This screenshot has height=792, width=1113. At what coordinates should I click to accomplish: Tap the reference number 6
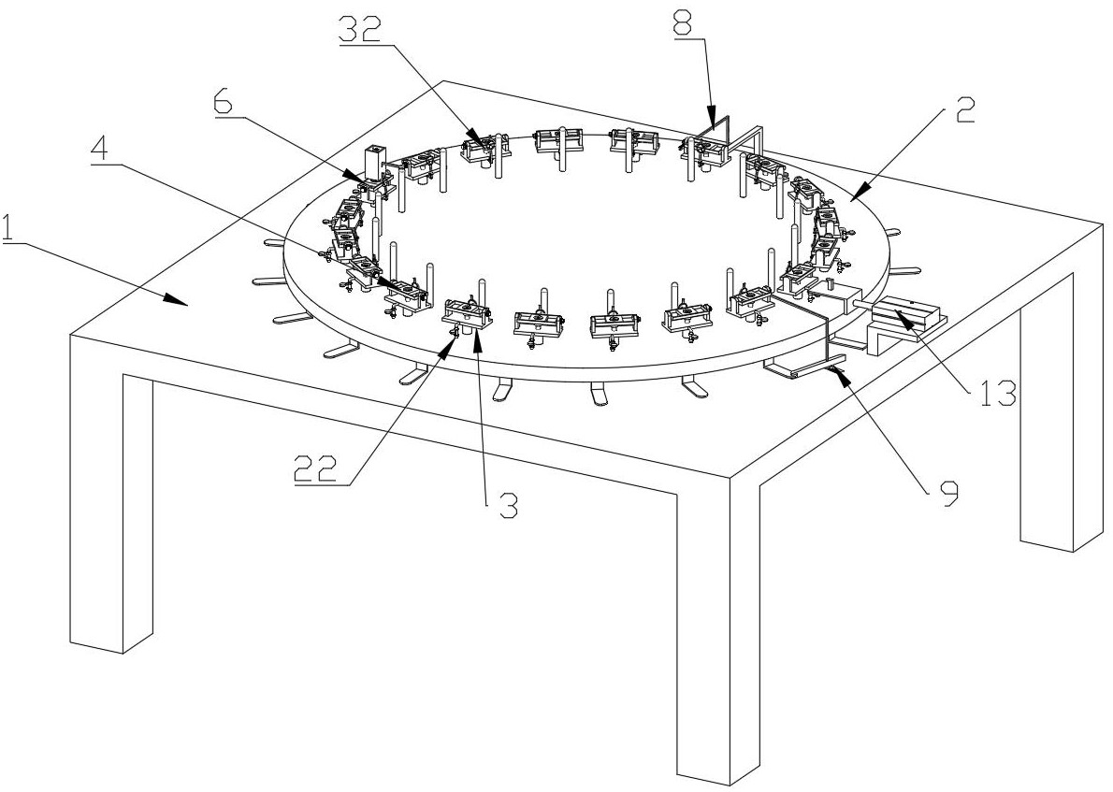point(225,100)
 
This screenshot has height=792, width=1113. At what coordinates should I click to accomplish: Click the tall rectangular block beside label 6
point(376,164)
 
